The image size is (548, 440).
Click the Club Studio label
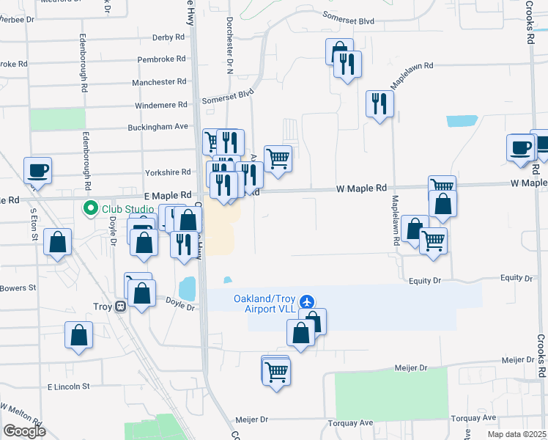click(x=127, y=209)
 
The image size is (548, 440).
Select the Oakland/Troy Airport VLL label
click(x=264, y=304)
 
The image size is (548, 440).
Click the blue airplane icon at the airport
click(x=306, y=301)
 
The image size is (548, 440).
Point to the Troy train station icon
click(x=119, y=307)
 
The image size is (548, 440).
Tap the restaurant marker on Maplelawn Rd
click(x=379, y=103)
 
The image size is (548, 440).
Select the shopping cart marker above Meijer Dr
click(x=276, y=372)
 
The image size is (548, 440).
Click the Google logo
click(x=24, y=430)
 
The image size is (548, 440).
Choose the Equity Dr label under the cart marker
click(x=426, y=280)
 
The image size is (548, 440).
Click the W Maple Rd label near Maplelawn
click(x=361, y=188)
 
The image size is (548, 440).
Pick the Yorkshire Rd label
click(x=168, y=172)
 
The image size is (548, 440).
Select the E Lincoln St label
click(x=68, y=386)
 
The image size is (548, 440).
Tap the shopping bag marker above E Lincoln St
click(x=78, y=336)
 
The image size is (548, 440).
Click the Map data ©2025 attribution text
click(x=516, y=434)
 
